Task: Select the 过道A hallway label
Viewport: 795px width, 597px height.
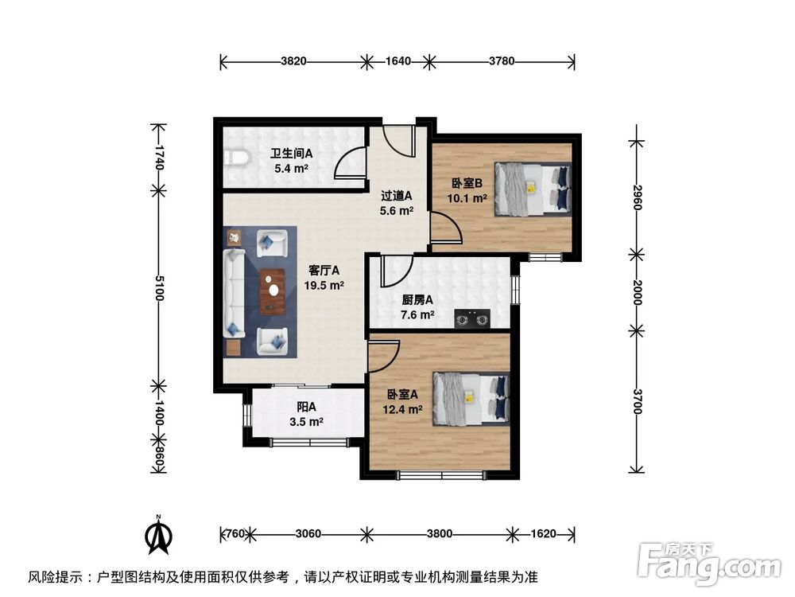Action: click(396, 196)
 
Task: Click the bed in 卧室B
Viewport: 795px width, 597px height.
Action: click(532, 189)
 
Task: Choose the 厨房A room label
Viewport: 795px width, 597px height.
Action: click(417, 300)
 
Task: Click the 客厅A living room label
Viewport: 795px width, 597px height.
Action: click(324, 269)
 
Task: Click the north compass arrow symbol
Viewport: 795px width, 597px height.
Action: click(159, 534)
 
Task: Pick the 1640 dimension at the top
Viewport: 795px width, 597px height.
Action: click(397, 60)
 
